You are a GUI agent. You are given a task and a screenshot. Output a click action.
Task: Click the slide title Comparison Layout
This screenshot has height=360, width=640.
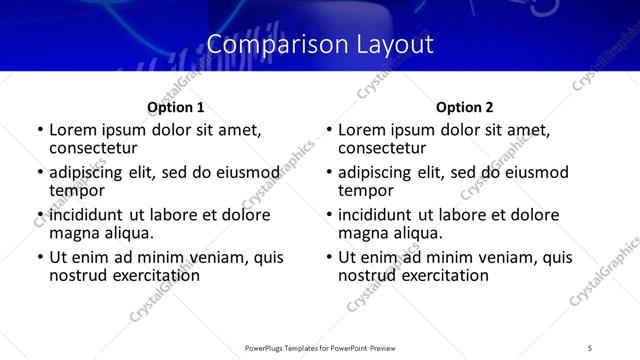tap(320, 45)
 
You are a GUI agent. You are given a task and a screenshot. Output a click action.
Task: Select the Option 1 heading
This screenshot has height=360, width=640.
tap(176, 107)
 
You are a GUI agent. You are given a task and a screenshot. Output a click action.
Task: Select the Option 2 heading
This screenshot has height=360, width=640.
tap(465, 107)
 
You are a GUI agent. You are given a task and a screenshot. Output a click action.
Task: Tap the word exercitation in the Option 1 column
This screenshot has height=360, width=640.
tap(149, 275)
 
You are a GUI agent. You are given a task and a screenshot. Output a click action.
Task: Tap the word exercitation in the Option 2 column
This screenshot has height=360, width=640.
tap(438, 275)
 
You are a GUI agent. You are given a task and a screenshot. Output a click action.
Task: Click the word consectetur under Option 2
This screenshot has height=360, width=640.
tap(386, 148)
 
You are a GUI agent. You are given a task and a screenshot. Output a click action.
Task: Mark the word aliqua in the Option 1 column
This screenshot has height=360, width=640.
tap(128, 233)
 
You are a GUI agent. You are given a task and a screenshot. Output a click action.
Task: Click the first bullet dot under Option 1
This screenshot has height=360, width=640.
tap(39, 131)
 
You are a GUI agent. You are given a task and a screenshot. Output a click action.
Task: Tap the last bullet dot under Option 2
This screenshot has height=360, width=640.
tap(328, 258)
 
